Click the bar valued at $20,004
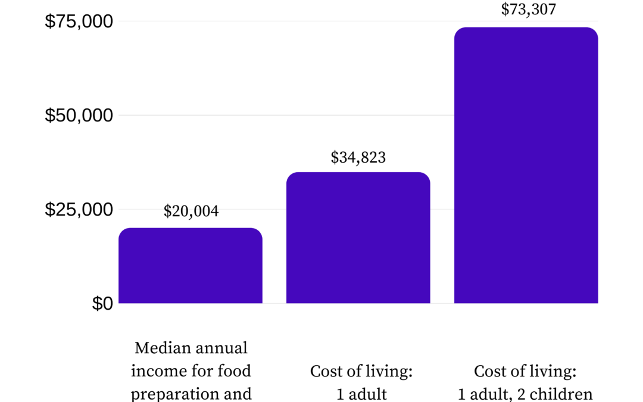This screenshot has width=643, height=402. (191, 266)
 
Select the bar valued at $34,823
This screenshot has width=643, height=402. (358, 238)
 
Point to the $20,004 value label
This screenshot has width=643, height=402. (191, 211)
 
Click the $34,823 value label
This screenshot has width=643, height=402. (358, 157)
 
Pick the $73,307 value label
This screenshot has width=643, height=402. (529, 10)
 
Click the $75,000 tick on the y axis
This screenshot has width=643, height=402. (79, 21)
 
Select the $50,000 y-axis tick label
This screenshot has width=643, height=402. (79, 116)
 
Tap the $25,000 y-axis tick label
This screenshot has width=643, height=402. (79, 210)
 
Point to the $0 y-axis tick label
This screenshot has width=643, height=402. (102, 304)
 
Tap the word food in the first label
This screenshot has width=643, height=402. (235, 371)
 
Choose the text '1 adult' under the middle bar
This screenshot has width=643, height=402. (361, 394)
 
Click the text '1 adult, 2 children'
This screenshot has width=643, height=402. (525, 394)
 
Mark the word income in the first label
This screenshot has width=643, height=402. (152, 371)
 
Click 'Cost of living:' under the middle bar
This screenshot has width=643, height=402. (361, 372)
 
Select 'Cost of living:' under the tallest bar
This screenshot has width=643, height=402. (525, 372)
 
